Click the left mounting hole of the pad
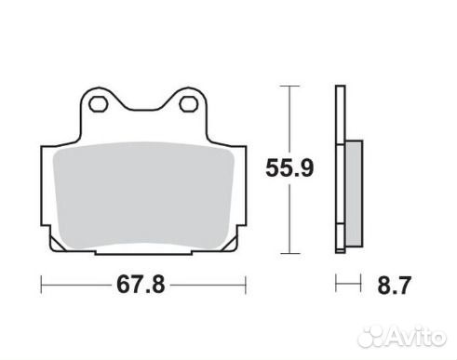[x=98, y=104]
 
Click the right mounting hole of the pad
[x=188, y=104]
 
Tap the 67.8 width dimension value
[x=141, y=285]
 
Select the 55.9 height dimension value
[x=289, y=167]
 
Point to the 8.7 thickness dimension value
[x=394, y=286]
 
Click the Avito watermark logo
[x=402, y=336]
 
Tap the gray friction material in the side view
[x=354, y=193]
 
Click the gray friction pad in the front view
[x=143, y=195]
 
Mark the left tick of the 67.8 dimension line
[x=41, y=285]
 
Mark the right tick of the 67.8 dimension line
[x=246, y=285]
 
